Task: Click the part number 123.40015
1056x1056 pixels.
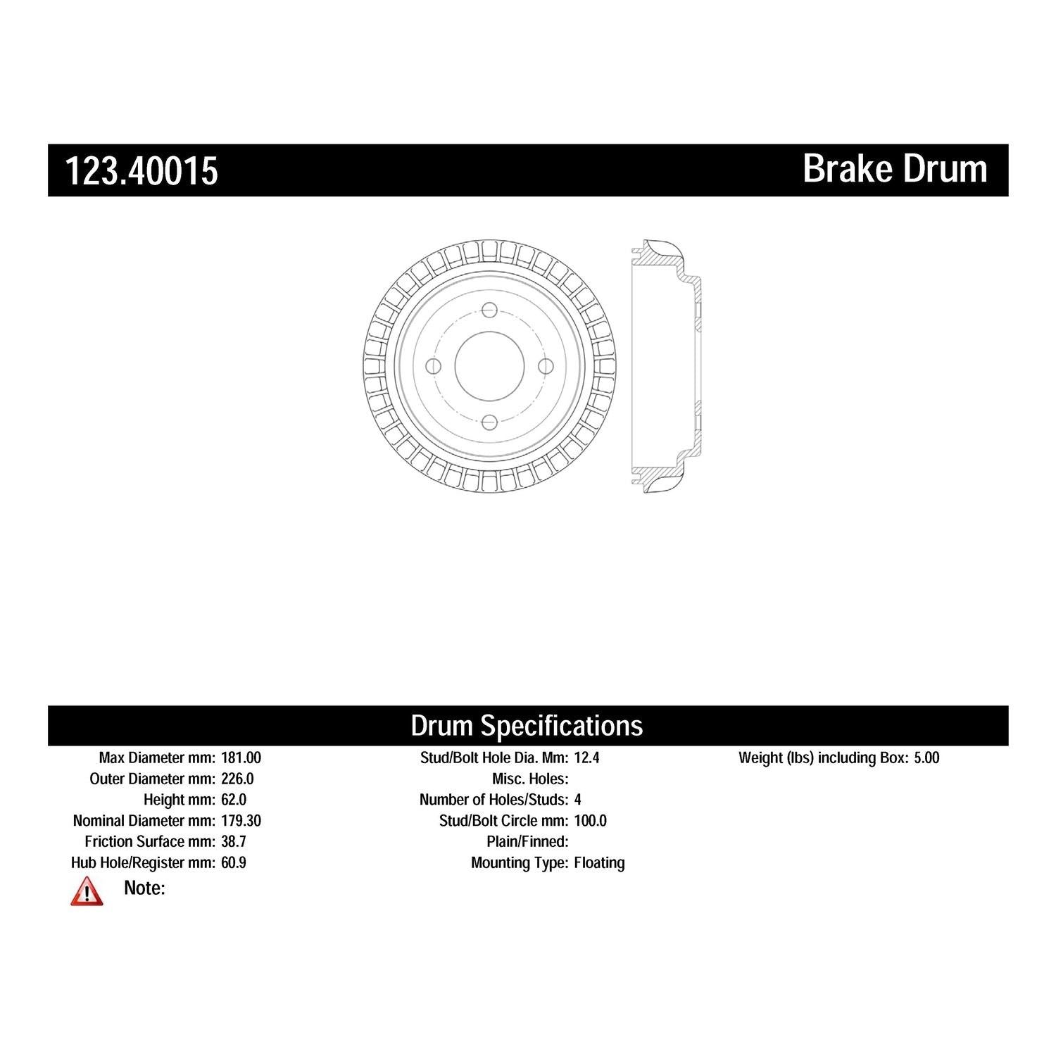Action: pos(142,171)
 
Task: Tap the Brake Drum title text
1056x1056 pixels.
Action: pos(895,169)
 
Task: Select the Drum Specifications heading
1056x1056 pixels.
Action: pos(527,725)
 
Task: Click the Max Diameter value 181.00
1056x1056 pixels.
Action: pos(241,758)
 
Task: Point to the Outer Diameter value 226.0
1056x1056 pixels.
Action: pos(237,779)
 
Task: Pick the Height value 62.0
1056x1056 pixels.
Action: pos(234,800)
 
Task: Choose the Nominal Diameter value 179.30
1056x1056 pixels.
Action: pos(241,821)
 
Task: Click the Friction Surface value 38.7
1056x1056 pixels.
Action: pos(234,842)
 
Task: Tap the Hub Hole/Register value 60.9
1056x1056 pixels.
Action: pos(234,863)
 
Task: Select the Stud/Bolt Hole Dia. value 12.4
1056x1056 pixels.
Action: pos(586,758)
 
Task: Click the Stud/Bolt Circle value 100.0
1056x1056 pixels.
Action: pos(591,821)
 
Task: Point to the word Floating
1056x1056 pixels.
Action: pos(599,863)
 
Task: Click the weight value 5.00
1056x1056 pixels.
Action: pos(926,758)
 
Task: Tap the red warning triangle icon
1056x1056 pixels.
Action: pos(87,891)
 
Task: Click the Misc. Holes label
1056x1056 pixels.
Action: pos(529,779)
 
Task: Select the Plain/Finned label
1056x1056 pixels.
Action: pos(527,842)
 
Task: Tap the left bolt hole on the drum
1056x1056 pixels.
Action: pos(434,366)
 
